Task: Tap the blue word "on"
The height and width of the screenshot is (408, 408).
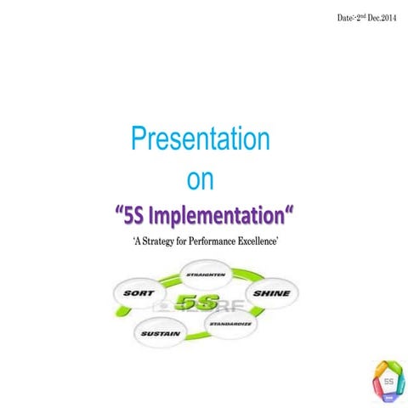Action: pos(201,179)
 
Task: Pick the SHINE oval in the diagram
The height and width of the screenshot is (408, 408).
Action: pos(270,294)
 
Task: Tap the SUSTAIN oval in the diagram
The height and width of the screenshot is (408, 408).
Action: pos(160,334)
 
